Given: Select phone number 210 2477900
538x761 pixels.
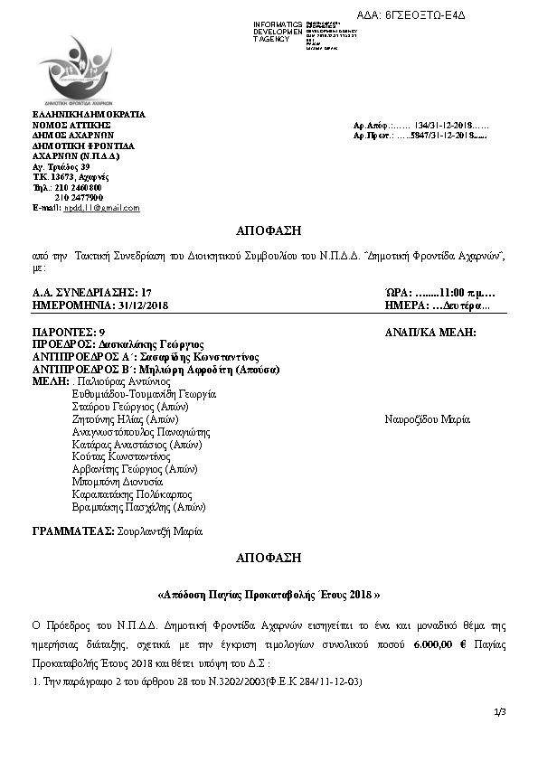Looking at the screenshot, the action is [x=80, y=197].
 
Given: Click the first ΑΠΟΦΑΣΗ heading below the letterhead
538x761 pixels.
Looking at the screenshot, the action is [x=269, y=230].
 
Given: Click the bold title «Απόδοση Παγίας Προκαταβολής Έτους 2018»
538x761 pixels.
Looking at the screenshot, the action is [x=268, y=596].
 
